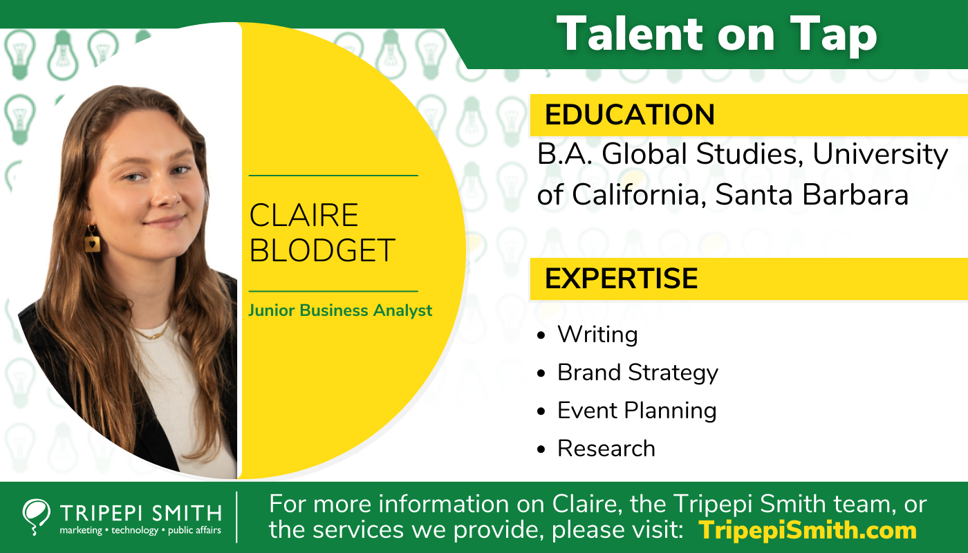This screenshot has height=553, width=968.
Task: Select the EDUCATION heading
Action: click(629, 115)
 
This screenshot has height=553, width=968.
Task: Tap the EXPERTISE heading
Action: click(621, 278)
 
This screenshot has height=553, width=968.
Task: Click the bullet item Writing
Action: click(597, 335)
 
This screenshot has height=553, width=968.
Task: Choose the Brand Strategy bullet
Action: click(637, 373)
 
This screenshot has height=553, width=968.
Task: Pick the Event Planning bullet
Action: click(637, 411)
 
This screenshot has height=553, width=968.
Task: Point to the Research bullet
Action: click(606, 449)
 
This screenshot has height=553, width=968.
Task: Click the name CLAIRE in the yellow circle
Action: click(304, 216)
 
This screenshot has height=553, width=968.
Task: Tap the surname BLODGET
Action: click(322, 250)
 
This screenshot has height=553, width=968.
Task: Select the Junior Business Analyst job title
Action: click(340, 310)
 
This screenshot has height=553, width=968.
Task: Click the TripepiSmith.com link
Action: click(808, 530)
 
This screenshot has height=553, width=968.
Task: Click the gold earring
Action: click(92, 240)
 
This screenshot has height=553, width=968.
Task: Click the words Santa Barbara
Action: click(811, 196)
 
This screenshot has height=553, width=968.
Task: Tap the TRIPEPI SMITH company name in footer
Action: click(140, 513)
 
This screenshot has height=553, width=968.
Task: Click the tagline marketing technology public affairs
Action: click(140, 531)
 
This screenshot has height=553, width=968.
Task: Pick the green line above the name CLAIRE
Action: click(333, 176)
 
